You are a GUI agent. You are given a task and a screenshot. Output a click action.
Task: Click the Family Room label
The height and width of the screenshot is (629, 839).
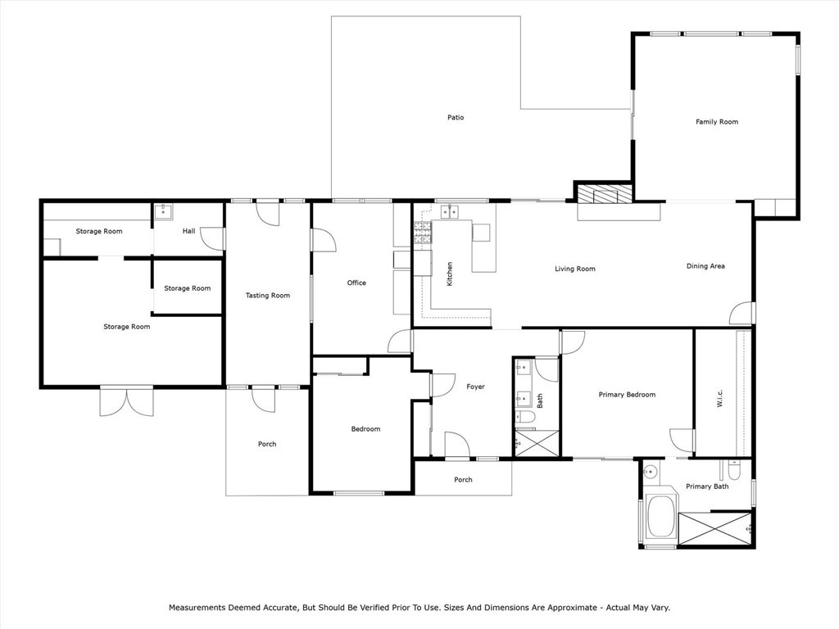pyautogui.click(x=717, y=122)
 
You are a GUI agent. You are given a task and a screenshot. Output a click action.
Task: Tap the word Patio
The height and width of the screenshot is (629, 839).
pyautogui.click(x=456, y=118)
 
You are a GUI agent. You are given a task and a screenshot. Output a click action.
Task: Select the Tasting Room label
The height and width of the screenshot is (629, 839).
pyautogui.click(x=268, y=296)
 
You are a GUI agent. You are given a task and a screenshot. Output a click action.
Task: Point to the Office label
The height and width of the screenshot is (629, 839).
pyautogui.click(x=356, y=283)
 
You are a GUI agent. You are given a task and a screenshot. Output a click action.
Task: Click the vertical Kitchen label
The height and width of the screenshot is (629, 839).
pyautogui.click(x=449, y=274)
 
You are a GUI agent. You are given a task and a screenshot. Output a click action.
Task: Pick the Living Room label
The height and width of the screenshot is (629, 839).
pyautogui.click(x=574, y=269)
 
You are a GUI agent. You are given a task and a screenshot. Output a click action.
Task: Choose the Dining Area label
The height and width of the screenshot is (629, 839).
pyautogui.click(x=705, y=266)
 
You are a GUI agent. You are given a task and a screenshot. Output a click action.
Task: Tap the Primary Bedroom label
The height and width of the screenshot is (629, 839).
pyautogui.click(x=627, y=395)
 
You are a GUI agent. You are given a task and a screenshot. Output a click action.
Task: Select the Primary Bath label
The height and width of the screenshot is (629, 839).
pyautogui.click(x=707, y=486)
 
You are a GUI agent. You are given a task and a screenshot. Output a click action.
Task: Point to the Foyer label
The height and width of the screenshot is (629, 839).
pyautogui.click(x=475, y=387)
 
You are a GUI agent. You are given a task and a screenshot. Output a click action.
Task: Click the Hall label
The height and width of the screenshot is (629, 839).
pyautogui.click(x=189, y=231)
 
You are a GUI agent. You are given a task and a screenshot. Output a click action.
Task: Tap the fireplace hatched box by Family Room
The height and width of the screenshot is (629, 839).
pyautogui.click(x=604, y=194)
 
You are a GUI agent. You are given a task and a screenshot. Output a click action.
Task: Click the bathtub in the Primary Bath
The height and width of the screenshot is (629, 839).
pyautogui.click(x=660, y=518)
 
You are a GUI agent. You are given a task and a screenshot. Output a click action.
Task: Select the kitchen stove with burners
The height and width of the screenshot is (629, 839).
pyautogui.click(x=423, y=234)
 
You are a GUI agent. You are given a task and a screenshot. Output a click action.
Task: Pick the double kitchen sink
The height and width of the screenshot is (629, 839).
pyautogui.click(x=450, y=213)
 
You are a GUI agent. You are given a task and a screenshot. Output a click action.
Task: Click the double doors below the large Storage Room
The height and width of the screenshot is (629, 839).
pyautogui.click(x=126, y=402)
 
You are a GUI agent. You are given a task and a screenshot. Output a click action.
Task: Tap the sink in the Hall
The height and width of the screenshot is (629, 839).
pyautogui.click(x=163, y=211)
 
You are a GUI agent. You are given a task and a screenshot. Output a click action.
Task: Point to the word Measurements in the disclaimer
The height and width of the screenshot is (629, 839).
pyautogui.click(x=202, y=608)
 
